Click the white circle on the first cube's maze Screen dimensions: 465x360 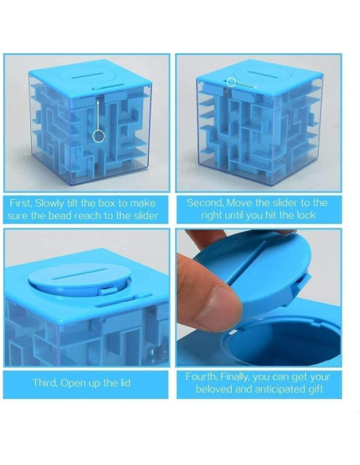click(99, 136)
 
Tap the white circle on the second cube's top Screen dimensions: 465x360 click(231, 81)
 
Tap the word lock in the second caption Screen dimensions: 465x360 click(307, 216)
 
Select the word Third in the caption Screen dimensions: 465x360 click(48, 383)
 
